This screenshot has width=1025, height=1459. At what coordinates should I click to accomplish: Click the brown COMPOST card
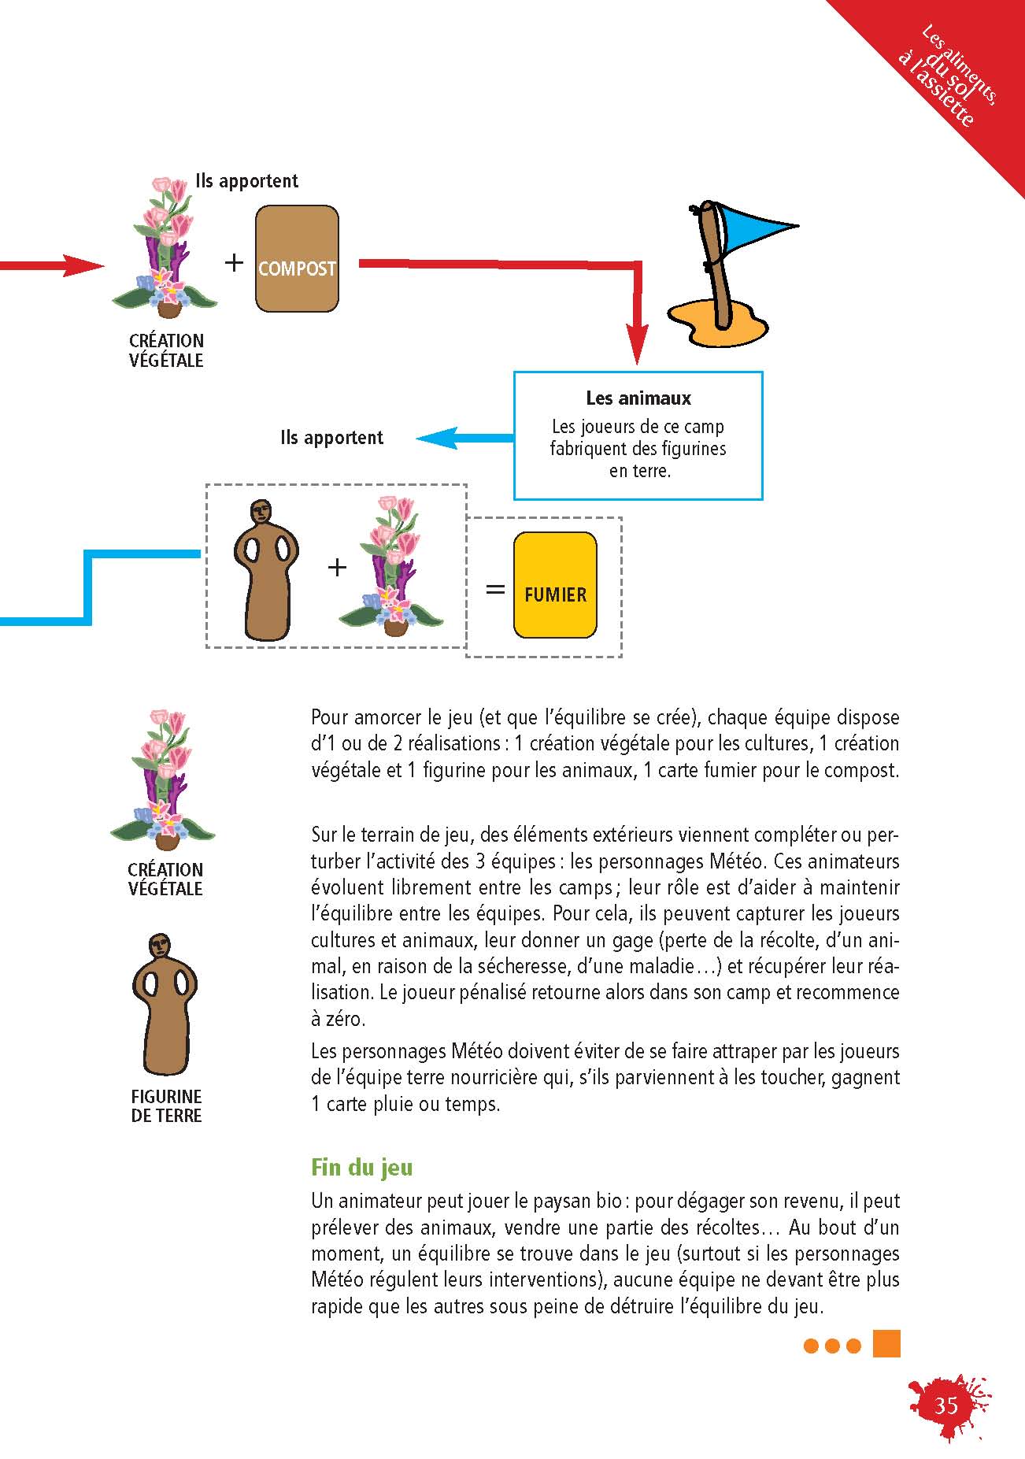(x=297, y=258)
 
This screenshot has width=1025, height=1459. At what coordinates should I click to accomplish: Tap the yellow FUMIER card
(x=555, y=585)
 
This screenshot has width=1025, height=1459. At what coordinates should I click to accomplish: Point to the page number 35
(x=945, y=1405)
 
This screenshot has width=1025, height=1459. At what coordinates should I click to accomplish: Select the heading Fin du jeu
(x=362, y=1167)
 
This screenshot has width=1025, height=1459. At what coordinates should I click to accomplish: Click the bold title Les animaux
(x=638, y=398)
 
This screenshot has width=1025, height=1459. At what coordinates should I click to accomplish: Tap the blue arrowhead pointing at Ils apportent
(x=437, y=438)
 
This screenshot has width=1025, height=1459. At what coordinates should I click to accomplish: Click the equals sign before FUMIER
(x=495, y=589)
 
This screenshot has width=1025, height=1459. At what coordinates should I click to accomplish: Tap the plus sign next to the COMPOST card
(x=234, y=261)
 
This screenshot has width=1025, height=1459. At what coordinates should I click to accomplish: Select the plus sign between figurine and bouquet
(x=337, y=567)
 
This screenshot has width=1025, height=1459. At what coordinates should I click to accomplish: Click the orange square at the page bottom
(x=886, y=1344)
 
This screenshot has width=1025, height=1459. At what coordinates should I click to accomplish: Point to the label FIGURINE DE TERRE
(x=166, y=1105)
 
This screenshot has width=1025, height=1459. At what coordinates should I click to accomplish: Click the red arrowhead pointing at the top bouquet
(x=83, y=266)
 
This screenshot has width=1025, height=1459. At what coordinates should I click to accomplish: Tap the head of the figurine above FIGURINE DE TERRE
(x=161, y=945)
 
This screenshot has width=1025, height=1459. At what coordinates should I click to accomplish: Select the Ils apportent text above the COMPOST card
(x=247, y=181)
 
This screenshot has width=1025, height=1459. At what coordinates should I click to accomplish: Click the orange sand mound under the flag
(x=717, y=321)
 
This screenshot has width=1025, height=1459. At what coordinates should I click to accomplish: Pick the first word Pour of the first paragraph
(x=330, y=717)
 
